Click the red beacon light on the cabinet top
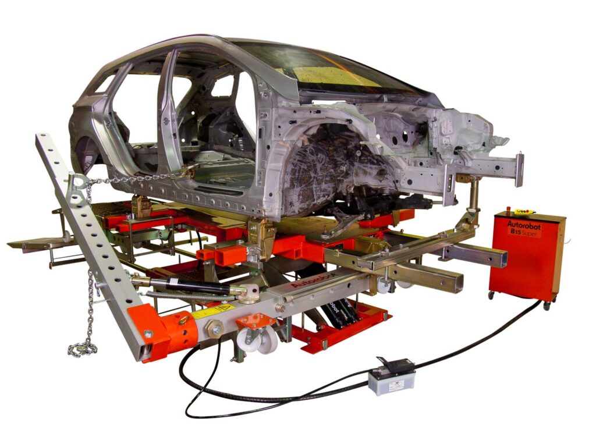tap(508, 209)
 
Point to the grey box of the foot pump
tap(391, 382)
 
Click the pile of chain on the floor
tap(82, 348)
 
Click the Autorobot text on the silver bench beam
tap(306, 282)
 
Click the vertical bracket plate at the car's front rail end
tap(519, 169)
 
